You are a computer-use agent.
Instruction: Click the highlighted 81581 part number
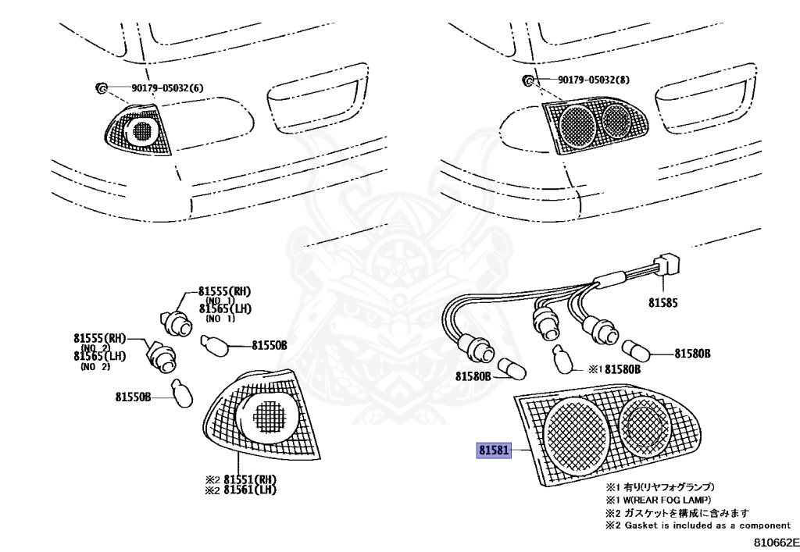point(493,451)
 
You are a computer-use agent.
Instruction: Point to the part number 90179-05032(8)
point(594,80)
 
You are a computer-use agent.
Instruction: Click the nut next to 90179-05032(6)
point(102,87)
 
